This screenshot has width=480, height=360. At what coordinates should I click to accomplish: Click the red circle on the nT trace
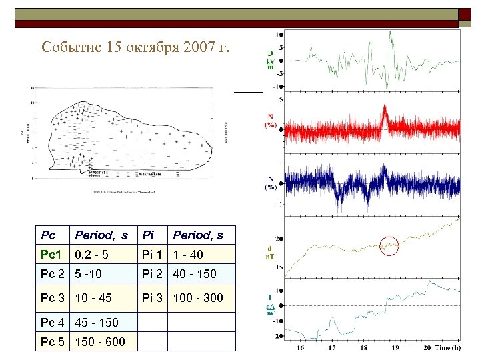(x=389, y=246)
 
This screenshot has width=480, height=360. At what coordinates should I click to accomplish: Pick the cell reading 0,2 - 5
(x=91, y=255)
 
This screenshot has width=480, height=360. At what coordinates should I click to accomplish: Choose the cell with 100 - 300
(x=198, y=297)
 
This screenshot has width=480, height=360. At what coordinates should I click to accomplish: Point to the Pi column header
(x=149, y=235)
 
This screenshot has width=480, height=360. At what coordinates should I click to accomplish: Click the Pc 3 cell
(x=53, y=297)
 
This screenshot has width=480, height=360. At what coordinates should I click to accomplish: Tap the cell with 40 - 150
(x=195, y=274)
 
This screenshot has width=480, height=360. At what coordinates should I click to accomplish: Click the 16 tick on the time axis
(x=301, y=348)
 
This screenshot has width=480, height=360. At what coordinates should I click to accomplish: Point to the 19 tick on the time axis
(x=395, y=348)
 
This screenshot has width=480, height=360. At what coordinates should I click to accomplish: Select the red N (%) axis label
(x=271, y=120)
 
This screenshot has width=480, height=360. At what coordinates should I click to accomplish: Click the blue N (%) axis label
(x=271, y=183)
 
